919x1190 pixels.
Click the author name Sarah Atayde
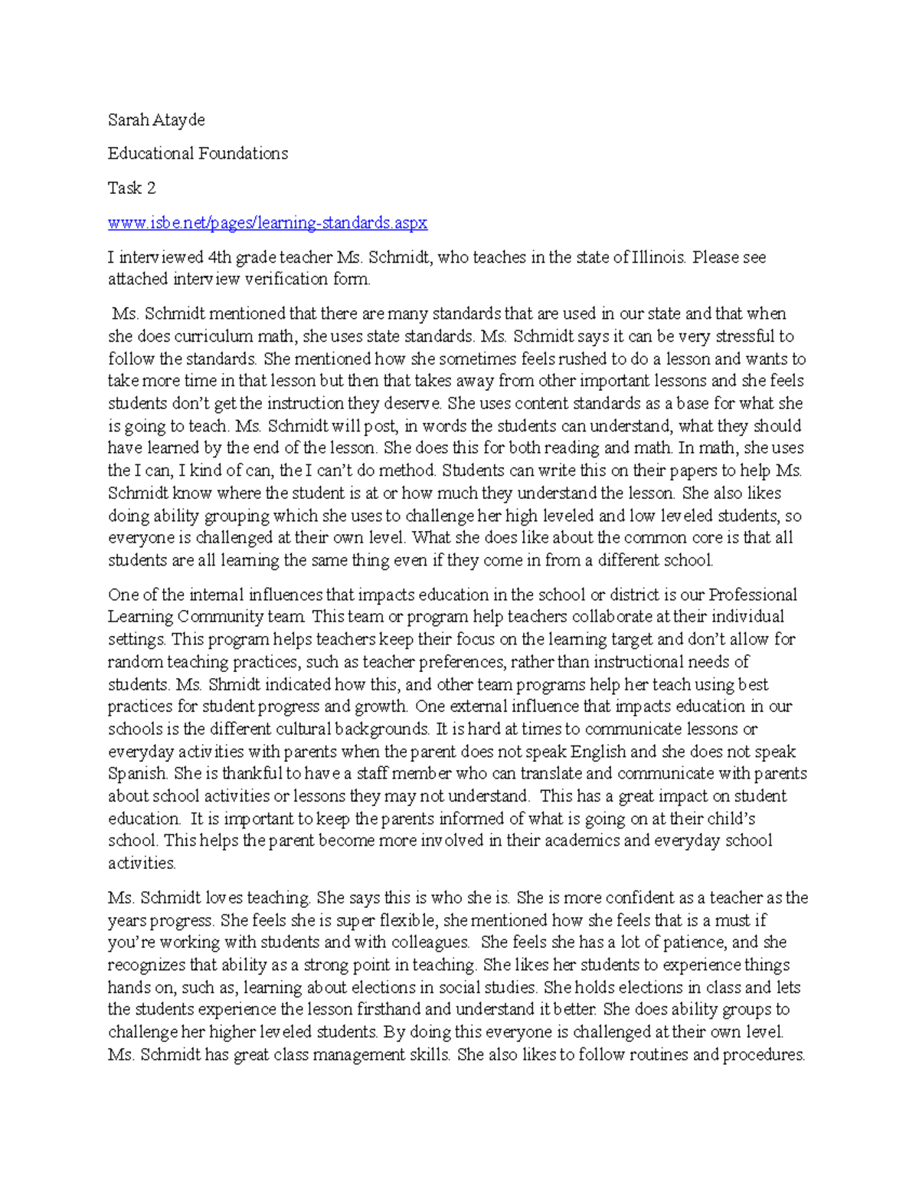tap(156, 120)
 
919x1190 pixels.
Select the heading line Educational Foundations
tap(198, 153)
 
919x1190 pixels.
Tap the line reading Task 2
tap(132, 188)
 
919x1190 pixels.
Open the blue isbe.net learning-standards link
tap(267, 223)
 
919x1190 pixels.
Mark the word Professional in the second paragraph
tap(753, 595)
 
